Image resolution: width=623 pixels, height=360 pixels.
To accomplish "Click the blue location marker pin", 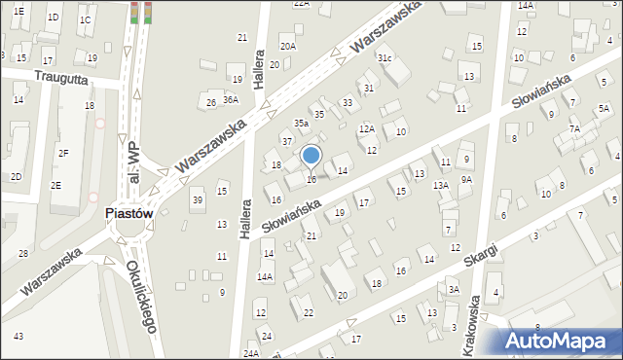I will [311, 156].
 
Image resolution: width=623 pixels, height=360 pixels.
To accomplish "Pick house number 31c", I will [385, 58].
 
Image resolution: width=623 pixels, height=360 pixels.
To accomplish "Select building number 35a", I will [302, 124].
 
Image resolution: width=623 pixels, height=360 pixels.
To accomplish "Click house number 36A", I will [231, 99].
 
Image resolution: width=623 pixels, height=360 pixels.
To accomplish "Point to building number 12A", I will [367, 128].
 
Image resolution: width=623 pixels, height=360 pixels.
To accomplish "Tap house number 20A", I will [287, 46].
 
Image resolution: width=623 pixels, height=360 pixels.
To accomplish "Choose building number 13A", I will [441, 185].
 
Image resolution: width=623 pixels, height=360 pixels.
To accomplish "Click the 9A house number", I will [467, 179].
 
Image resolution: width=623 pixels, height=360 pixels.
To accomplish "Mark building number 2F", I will [63, 153].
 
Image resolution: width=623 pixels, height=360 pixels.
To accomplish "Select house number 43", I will [18, 336].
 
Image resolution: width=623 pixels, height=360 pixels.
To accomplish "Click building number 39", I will [198, 199].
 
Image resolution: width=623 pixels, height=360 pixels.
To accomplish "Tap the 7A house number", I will [575, 129].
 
